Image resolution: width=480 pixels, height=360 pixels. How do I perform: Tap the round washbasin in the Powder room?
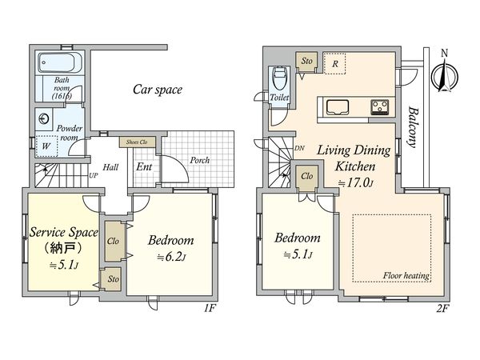[x=45, y=118]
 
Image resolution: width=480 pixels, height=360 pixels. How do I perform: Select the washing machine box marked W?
[x=46, y=146]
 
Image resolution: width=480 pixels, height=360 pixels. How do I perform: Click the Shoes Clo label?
[x=137, y=142]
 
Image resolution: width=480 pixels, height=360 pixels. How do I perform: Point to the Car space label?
[x=158, y=90]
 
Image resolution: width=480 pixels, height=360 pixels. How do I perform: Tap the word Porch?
[x=199, y=160]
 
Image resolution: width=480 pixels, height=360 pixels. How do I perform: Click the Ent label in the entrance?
[x=144, y=166]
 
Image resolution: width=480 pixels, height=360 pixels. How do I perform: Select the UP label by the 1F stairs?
[x=94, y=176]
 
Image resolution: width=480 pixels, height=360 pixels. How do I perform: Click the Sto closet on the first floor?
[x=113, y=279]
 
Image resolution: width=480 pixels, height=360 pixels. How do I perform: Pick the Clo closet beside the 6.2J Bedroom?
[x=114, y=242]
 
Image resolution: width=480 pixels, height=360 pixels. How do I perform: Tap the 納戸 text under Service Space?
[x=62, y=248]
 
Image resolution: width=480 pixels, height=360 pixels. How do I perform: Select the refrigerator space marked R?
[x=334, y=64]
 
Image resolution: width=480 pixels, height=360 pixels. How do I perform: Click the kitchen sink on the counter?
[x=338, y=107]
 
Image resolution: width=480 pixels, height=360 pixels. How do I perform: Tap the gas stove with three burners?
[x=380, y=107]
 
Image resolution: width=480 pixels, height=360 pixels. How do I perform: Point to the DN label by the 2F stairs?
[x=299, y=148]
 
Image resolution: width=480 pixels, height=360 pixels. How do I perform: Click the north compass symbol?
[x=445, y=75]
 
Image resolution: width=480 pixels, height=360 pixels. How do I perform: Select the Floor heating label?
[x=406, y=275]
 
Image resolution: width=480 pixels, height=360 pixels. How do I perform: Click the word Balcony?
[x=413, y=127]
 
